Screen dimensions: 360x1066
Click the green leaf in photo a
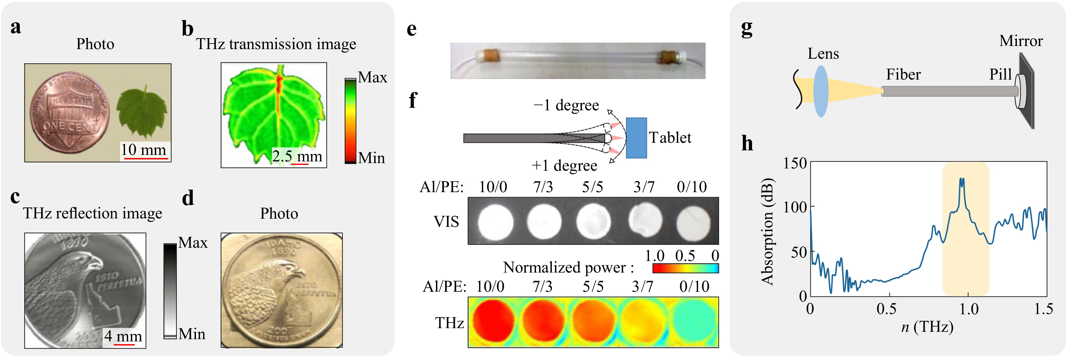pos(142,111)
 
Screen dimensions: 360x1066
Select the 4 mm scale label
pos(123,336)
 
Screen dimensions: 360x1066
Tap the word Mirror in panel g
pos(1021,41)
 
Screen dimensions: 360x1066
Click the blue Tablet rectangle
pos(636,138)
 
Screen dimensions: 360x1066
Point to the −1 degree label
pos(566,106)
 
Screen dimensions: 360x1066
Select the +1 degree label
pos(565,166)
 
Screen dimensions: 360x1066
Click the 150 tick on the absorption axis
pos(794,163)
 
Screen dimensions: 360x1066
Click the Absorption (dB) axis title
pos(767,231)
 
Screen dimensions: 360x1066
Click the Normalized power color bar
pos(685,268)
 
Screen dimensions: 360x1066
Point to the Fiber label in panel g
pos(903,74)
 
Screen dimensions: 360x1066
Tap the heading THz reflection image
pos(92,213)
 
